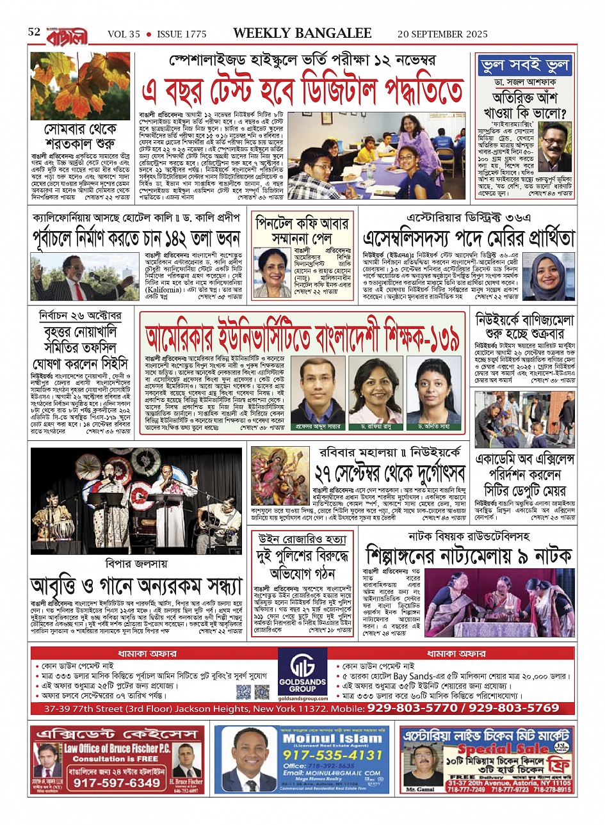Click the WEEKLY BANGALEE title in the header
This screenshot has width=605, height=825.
302,33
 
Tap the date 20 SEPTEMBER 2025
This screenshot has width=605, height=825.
442,34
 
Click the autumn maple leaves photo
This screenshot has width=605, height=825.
80,86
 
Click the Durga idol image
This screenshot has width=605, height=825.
280,476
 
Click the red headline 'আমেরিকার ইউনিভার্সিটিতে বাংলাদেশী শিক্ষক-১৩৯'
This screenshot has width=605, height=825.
302,336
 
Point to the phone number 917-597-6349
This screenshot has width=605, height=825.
117,783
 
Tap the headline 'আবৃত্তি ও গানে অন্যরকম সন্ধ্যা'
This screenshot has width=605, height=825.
136,586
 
